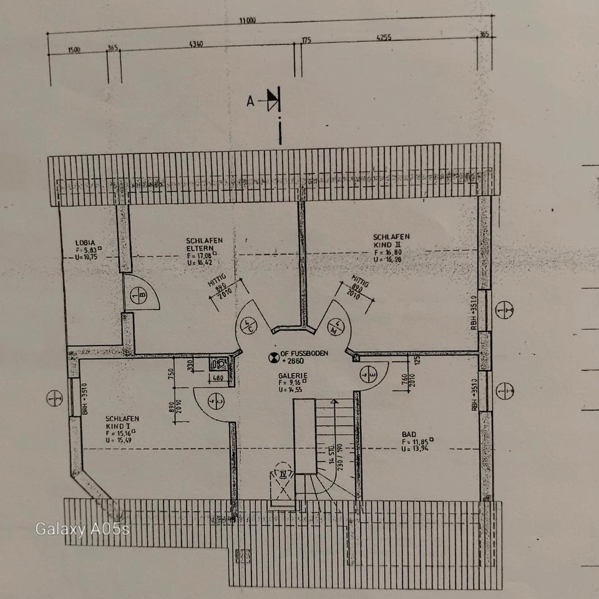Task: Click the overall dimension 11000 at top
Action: [x=248, y=20]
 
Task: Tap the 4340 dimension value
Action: [x=195, y=44]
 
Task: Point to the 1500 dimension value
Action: [x=74, y=50]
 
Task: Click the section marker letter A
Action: [x=250, y=101]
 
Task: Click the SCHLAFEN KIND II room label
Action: [x=391, y=241]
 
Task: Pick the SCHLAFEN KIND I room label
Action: [x=122, y=422]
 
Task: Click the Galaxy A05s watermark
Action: [x=82, y=529]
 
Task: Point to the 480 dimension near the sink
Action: [x=218, y=377]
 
